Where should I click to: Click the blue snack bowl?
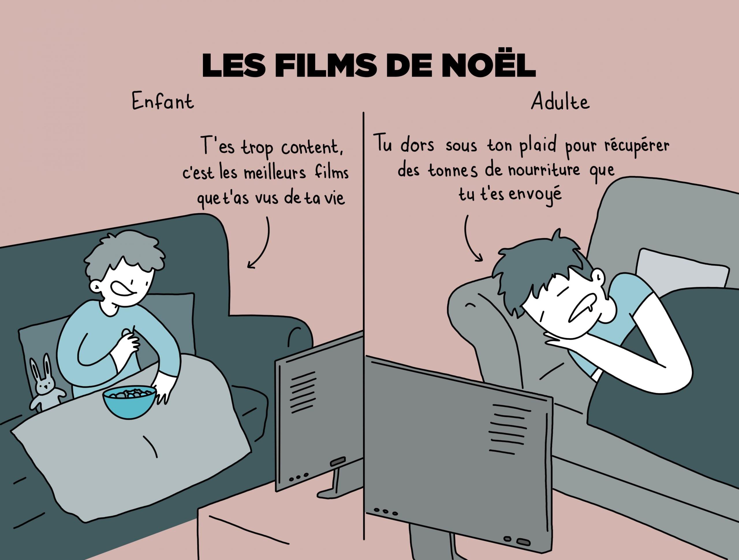coord(130,402)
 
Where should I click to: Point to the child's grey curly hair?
coord(124,253)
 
